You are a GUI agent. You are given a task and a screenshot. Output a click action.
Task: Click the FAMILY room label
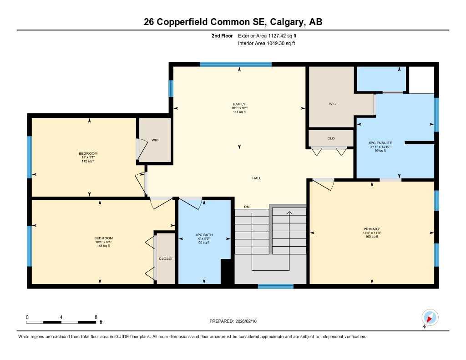(239, 104)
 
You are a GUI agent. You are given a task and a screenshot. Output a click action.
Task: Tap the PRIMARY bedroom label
(371, 229)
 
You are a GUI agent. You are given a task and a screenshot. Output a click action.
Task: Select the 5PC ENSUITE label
(380, 143)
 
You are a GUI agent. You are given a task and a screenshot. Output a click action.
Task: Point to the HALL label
(257, 178)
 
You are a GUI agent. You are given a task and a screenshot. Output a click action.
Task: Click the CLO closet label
(331, 138)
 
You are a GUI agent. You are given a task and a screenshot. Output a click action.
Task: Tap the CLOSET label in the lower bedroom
(166, 259)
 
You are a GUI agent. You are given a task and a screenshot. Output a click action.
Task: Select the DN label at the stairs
(247, 207)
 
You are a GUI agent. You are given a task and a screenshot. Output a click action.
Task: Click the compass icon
(430, 317)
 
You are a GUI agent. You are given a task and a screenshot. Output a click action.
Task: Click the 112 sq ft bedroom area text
(88, 161)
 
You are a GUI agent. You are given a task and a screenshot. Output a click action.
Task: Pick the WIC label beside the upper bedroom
(155, 140)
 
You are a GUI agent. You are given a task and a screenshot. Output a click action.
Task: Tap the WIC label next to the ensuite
(332, 104)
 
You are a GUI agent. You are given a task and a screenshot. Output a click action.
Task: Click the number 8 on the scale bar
(96, 317)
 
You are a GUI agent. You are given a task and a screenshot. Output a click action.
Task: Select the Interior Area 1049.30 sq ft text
(267, 44)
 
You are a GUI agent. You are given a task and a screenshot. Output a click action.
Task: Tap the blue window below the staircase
(275, 286)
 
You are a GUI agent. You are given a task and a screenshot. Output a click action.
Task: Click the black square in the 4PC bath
(226, 272)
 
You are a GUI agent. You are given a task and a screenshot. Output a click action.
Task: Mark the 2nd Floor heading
(222, 35)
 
